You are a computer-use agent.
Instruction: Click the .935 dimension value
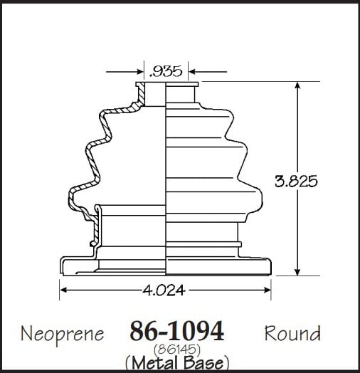tap(166, 71)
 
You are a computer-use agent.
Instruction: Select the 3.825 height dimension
tap(296, 181)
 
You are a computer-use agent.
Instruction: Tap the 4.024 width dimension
tap(164, 290)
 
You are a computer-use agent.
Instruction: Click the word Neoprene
tap(63, 335)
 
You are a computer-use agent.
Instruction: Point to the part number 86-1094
tap(177, 331)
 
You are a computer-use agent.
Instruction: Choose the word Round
tap(292, 333)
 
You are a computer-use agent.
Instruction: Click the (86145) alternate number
tap(177, 350)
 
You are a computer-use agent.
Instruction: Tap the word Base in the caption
tap(203, 362)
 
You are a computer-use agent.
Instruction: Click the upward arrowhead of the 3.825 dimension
tap(297, 85)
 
